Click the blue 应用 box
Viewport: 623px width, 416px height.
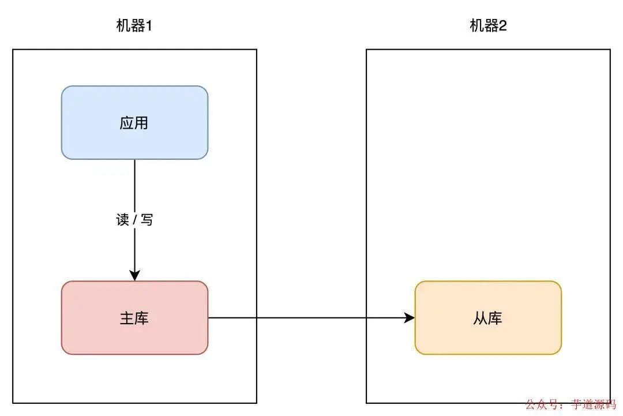pos(134,122)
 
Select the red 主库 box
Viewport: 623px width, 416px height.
pos(134,317)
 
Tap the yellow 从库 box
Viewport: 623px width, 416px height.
pos(488,317)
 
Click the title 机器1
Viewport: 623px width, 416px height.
pos(134,26)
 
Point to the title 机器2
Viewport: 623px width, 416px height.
pos(488,26)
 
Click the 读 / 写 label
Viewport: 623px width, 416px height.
pos(134,220)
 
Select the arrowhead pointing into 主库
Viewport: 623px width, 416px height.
pos(134,275)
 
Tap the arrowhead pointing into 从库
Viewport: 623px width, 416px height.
pos(410,318)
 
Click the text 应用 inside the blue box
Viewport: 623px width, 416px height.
pos(134,123)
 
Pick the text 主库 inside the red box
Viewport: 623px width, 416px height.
pos(134,318)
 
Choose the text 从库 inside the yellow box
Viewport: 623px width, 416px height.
pos(488,318)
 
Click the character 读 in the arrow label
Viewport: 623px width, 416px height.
pos(122,220)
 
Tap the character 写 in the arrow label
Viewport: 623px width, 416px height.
pos(147,220)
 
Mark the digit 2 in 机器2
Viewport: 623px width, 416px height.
pos(502,26)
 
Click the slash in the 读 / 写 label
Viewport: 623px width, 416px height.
pos(135,220)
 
